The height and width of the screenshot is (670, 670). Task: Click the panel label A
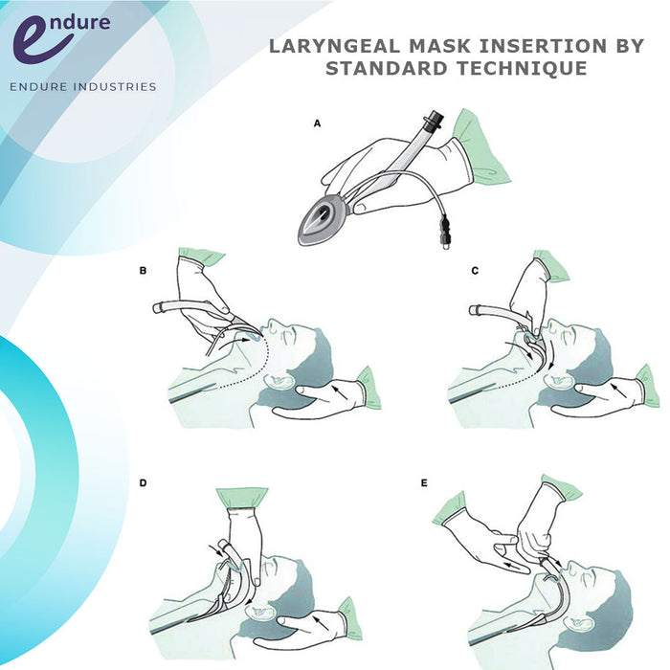[317, 124]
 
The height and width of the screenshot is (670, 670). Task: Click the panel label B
[144, 271]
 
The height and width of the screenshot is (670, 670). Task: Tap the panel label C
[475, 271]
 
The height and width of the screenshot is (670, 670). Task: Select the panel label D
[143, 483]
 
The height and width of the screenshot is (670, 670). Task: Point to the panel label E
[424, 483]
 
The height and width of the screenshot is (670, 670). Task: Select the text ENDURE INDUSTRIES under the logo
[82, 87]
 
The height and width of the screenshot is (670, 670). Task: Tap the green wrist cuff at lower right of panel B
[368, 386]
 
